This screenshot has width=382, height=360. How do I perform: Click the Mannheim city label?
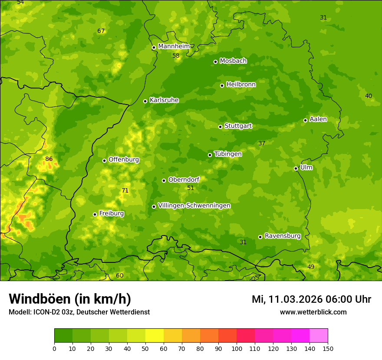(174, 46)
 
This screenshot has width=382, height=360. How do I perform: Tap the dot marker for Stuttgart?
(220, 127)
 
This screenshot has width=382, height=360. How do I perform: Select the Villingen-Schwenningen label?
(194, 206)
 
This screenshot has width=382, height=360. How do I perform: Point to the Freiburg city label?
(111, 213)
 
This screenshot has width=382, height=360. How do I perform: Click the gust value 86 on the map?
(49, 159)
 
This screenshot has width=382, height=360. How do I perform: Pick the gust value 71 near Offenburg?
(125, 190)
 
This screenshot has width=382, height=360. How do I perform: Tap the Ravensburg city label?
(282, 236)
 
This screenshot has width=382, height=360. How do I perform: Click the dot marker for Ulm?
(296, 168)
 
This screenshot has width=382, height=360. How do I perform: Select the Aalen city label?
(318, 119)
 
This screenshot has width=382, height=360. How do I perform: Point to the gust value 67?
(101, 31)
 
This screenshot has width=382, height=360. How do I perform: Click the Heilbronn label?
(240, 85)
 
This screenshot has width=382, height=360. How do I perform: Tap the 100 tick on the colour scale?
(237, 348)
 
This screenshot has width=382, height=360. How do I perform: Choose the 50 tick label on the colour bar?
(145, 348)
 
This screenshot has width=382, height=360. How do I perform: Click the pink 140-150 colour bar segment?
(318, 336)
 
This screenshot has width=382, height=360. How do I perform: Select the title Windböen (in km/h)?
(69, 299)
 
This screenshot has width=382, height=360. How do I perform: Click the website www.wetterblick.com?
(313, 312)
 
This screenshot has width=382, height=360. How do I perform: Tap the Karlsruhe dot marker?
(145, 101)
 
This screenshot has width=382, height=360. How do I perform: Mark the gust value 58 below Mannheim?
(176, 56)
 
